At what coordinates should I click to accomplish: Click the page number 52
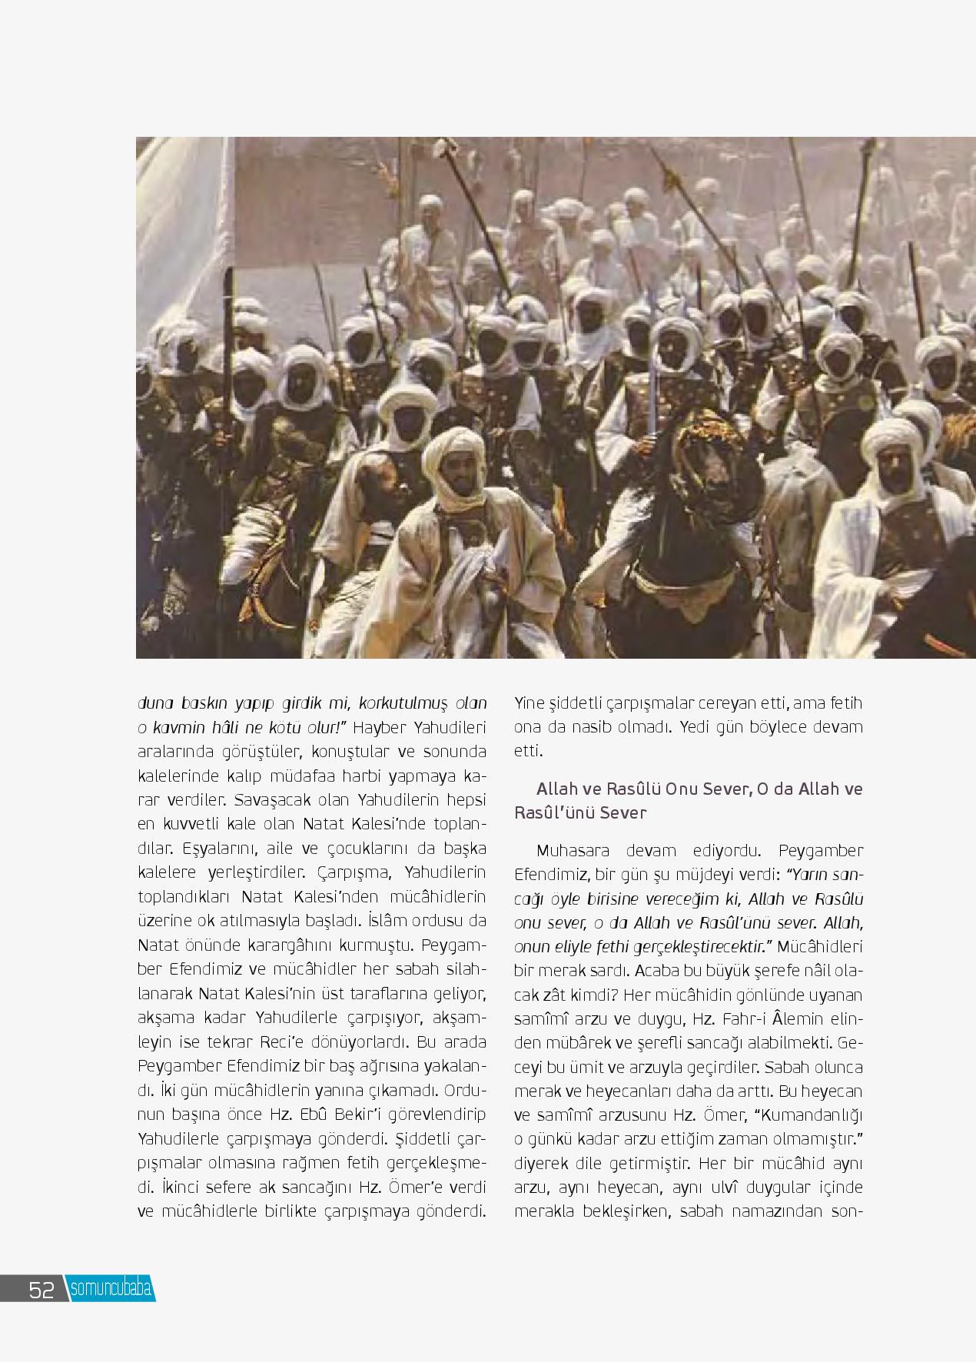41,1289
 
